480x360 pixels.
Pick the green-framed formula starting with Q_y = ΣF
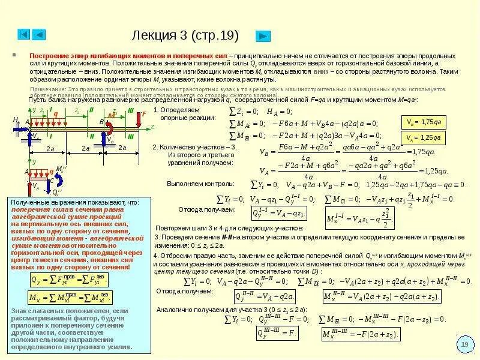(x=70, y=280)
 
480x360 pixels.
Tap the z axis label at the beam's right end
(x=152, y=127)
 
